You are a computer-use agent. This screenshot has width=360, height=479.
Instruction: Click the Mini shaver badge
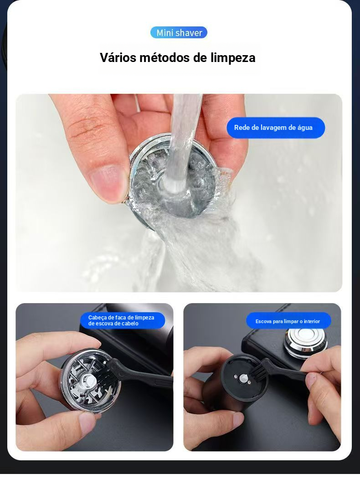[x=179, y=33]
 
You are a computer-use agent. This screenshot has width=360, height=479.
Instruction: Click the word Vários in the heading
[x=118, y=57]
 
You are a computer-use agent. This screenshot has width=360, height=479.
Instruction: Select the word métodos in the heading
[x=163, y=57]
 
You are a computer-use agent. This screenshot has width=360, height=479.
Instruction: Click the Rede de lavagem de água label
[x=275, y=128]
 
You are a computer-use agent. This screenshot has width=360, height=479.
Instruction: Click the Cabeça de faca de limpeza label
[x=122, y=320]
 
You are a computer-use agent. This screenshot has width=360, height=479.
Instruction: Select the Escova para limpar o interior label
[x=288, y=321]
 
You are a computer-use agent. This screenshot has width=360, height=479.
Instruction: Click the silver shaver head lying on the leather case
[x=305, y=343]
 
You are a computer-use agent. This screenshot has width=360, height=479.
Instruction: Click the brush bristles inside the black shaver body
[x=259, y=372]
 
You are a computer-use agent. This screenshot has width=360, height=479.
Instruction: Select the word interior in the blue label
[x=311, y=321]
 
